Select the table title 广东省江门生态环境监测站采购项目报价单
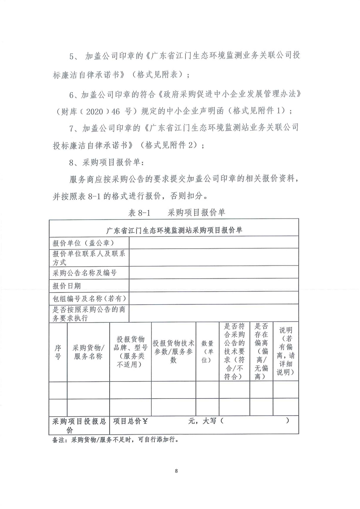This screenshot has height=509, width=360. [174, 230]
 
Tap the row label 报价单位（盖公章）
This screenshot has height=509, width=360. [84, 243]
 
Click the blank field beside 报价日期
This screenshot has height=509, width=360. [214, 285]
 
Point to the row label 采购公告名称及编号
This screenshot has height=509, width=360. [85, 273]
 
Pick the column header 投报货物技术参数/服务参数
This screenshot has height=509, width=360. [174, 351]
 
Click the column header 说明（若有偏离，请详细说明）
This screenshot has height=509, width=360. [286, 351]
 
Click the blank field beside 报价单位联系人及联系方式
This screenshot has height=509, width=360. [214, 257]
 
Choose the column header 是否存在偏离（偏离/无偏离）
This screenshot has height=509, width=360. [261, 351]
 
